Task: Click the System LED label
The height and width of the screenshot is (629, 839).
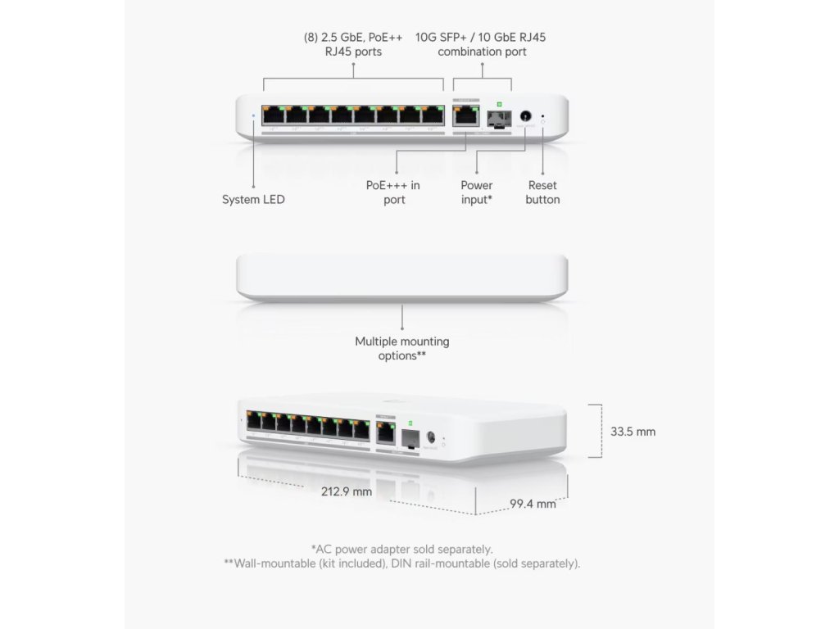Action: point(253,199)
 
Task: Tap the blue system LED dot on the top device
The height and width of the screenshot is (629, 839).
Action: point(253,115)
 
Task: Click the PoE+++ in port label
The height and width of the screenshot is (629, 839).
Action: point(393,192)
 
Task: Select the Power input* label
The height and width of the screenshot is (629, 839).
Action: point(476,192)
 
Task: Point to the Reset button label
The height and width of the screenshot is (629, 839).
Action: point(542,192)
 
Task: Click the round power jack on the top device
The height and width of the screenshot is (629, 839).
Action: point(525,116)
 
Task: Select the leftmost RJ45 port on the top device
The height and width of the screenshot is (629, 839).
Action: point(273,115)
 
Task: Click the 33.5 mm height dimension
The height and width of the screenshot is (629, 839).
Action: point(633,432)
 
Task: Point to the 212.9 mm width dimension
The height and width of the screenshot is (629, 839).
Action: point(345,491)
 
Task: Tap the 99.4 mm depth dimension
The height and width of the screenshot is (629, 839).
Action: point(533,504)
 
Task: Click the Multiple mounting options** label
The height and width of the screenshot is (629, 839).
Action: point(401,348)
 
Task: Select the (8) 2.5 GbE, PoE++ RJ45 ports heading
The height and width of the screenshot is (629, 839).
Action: point(353,44)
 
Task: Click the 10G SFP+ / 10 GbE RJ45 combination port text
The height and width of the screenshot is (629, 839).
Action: point(481,44)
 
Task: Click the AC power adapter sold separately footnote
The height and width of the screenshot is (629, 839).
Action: point(401,549)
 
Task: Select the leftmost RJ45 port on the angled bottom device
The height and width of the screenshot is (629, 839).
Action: point(254,421)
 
